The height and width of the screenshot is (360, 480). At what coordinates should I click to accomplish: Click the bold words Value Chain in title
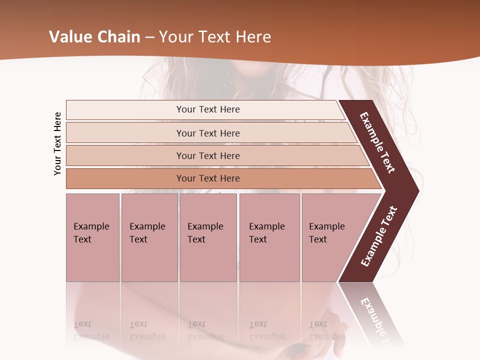(x=94, y=37)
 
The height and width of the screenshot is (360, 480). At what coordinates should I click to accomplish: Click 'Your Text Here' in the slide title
(x=215, y=37)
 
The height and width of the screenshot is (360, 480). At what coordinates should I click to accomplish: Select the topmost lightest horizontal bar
(x=125, y=110)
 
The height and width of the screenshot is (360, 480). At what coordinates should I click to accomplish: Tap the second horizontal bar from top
(x=125, y=133)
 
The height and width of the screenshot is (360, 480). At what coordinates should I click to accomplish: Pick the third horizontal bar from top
(x=125, y=155)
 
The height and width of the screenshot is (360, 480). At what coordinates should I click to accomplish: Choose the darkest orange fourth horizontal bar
(x=125, y=178)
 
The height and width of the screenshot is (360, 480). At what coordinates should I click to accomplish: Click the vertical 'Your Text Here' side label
(x=57, y=143)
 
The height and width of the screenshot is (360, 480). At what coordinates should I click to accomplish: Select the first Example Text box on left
(x=92, y=237)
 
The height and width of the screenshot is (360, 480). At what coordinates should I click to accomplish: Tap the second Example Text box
(x=149, y=237)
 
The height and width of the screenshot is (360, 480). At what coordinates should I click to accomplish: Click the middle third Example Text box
(x=208, y=237)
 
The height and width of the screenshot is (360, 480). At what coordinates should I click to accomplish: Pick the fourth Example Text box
(x=269, y=237)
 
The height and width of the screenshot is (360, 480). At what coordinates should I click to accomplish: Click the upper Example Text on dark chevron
(x=377, y=142)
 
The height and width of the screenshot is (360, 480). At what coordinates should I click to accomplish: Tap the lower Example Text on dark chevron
(x=379, y=236)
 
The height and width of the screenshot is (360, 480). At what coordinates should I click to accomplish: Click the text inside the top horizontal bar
(x=208, y=109)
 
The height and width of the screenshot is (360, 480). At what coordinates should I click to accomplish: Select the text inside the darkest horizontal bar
(x=208, y=178)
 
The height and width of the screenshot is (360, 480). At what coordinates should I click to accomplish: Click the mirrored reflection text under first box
(x=91, y=330)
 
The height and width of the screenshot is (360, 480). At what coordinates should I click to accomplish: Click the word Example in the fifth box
(x=327, y=226)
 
